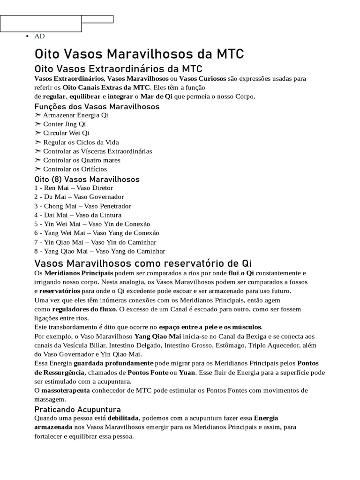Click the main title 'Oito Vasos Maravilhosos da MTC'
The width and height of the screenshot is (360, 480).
point(139,53)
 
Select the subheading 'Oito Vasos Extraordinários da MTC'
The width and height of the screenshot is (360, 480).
point(118,69)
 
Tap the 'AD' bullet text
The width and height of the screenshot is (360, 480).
point(39,36)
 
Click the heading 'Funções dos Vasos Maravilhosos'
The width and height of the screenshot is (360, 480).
point(97,106)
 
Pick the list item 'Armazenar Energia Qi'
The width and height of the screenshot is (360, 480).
point(75,115)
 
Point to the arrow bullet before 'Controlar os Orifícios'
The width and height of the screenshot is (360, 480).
point(38,169)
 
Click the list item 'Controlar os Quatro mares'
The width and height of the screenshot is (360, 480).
point(82,160)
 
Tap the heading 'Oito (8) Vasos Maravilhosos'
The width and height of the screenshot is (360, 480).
point(87,179)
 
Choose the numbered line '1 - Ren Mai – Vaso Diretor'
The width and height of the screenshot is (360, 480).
point(74,188)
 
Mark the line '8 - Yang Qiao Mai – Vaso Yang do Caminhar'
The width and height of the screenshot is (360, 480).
point(100,251)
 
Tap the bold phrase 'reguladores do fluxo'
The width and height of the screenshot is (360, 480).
point(84,309)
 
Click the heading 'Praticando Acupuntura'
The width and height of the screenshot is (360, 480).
point(78,409)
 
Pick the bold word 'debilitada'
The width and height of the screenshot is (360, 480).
point(123,418)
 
